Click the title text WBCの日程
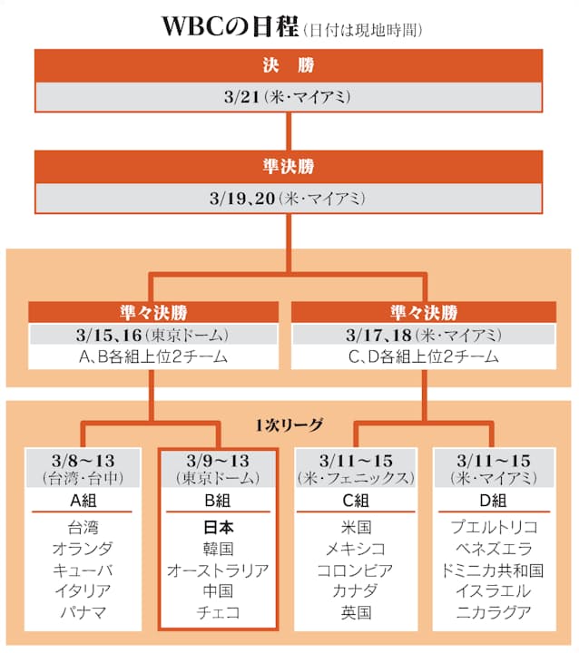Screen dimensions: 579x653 click(x=230, y=26)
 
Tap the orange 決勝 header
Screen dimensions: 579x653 click(x=289, y=65)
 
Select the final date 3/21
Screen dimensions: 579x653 click(x=241, y=97)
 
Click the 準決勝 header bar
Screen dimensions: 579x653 click(x=289, y=167)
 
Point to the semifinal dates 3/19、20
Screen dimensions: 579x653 click(x=242, y=199)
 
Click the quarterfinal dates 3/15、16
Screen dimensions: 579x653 click(x=109, y=336)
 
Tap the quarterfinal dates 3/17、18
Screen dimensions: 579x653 click(x=378, y=336)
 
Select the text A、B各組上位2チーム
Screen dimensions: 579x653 click(x=153, y=357)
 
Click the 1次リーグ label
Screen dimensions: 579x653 click(x=289, y=424)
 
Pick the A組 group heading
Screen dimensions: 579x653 click(x=83, y=501)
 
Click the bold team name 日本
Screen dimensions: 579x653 click(x=219, y=528)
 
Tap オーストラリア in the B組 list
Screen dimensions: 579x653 click(x=218, y=570)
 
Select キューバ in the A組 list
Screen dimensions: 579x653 click(x=83, y=570)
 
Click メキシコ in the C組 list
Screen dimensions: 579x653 click(x=356, y=549)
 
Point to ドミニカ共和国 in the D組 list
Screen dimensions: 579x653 click(x=493, y=570)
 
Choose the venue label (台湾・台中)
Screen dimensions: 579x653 click(x=83, y=478)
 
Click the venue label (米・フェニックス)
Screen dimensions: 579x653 click(x=356, y=478)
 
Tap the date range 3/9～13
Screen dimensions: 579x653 click(x=218, y=461)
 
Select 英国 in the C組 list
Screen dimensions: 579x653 click(x=356, y=612)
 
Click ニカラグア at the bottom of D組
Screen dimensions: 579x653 click(x=494, y=612)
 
